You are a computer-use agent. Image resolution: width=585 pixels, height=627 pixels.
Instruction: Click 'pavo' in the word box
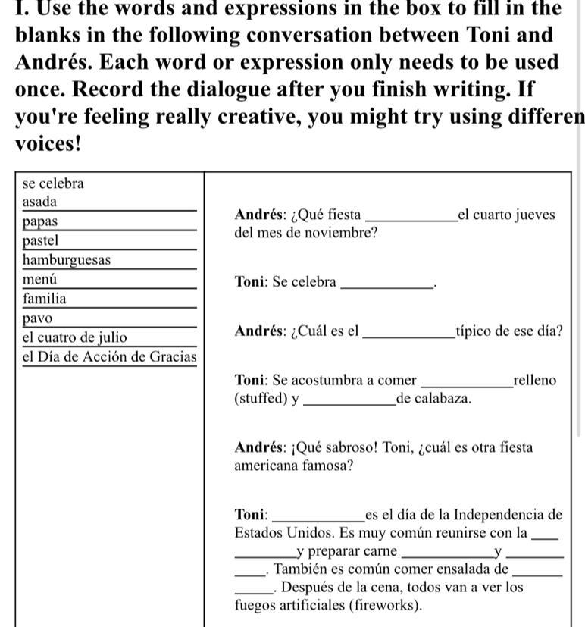pos(37,318)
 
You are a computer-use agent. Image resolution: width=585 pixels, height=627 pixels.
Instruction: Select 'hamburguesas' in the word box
pos(66,260)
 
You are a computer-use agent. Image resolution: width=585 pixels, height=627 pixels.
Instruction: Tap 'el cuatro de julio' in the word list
pos(74,337)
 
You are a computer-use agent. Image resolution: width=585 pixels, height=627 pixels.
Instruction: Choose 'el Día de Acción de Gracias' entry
pos(109,356)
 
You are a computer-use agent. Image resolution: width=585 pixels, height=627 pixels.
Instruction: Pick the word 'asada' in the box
pos(39,202)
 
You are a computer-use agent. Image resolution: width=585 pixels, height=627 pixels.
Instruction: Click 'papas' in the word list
pos(39,222)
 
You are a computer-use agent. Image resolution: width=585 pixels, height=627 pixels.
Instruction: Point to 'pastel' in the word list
pos(40,240)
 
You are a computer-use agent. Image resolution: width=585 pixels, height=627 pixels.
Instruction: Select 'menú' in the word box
pos(39,280)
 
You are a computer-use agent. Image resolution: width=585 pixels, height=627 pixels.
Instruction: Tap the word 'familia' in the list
pos(44,299)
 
